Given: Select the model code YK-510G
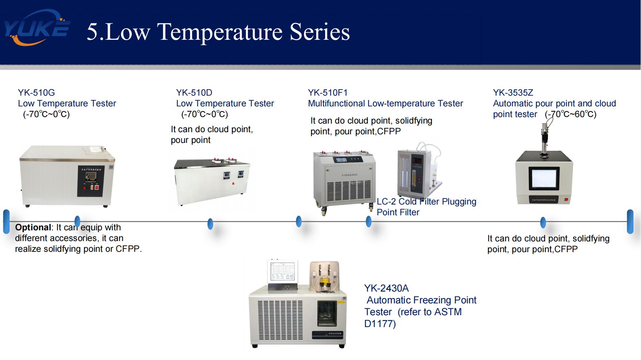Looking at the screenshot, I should [37, 93].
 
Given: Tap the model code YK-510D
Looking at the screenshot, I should [194, 93].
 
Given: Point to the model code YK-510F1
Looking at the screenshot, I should [328, 93].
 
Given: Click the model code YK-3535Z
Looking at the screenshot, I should [513, 93].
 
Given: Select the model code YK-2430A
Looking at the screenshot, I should [386, 288].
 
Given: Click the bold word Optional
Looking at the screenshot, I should [33, 227].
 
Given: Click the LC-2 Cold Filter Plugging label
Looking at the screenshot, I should [426, 202].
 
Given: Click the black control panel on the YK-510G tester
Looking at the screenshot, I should [91, 181].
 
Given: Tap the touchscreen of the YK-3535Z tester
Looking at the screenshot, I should [544, 178].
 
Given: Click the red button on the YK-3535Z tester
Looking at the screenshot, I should [566, 200].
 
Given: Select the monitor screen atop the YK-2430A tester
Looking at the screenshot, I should [283, 272].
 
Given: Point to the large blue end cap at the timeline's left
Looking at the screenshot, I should [6, 222].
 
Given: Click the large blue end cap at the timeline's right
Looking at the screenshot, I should [630, 222].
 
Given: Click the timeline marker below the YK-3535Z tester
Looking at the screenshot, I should [543, 222].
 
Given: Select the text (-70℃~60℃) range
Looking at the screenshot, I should [570, 114].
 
